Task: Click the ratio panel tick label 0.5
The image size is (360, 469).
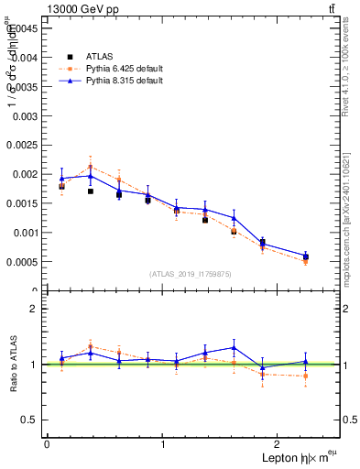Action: [30, 420]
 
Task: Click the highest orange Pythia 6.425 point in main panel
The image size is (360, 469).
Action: [90, 167]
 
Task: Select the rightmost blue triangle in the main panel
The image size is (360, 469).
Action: [306, 256]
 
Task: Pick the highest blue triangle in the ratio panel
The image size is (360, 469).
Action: [235, 347]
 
